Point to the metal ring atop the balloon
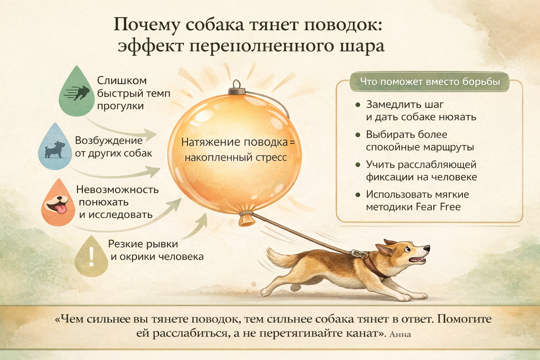click(236, 85)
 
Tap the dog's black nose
click(427, 248)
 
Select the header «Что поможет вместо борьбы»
click(430, 82)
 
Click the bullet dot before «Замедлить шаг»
click(358, 105)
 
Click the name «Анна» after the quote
click(400, 334)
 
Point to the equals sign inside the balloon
click(292, 142)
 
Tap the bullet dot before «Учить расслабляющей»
click(358, 165)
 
